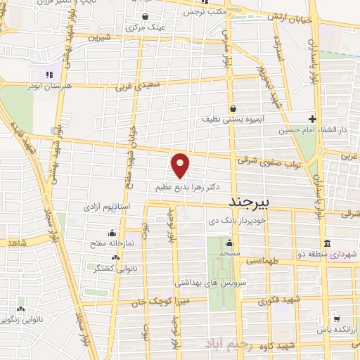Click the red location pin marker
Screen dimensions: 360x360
(181, 166)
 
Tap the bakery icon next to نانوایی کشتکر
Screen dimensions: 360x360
(96, 267)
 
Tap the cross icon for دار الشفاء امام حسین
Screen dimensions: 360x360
(313, 119)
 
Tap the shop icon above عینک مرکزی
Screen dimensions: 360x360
(145, 17)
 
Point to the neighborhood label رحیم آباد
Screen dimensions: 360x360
(230, 342)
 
